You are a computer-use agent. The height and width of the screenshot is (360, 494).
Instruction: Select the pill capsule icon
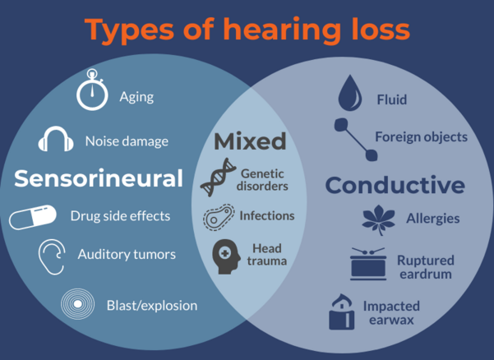coord(32,217)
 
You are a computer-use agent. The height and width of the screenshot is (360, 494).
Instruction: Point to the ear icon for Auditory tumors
coord(52,256)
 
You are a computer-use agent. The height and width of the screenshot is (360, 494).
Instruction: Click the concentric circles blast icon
coord(77,304)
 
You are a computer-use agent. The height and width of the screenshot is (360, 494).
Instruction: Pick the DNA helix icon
coord(218,178)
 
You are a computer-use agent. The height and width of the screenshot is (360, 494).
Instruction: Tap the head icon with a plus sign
coord(226,256)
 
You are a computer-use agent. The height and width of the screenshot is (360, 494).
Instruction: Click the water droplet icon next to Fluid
coord(349,93)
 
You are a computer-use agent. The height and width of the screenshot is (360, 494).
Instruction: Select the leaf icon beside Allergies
coord(378,219)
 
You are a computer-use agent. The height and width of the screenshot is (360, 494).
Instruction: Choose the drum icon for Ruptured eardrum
coord(368,264)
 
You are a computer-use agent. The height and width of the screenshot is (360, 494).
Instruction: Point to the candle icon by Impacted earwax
coord(341,312)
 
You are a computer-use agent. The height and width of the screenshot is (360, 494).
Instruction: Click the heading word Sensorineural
coord(99,178)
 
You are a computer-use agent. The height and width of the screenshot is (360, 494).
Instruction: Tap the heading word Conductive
coord(395,185)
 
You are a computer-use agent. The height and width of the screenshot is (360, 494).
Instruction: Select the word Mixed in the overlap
coord(250,141)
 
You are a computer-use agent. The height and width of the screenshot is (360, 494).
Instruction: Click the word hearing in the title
coord(282,30)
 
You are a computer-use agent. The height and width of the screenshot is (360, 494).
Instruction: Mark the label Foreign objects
coord(421,137)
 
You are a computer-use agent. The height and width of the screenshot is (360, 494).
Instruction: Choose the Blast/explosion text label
coord(152,306)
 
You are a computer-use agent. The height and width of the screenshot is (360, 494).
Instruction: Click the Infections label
coord(267,215)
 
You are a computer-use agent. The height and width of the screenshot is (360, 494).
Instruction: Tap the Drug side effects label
coord(120,216)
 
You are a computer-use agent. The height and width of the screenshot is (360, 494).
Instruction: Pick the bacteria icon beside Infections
coord(219,217)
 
